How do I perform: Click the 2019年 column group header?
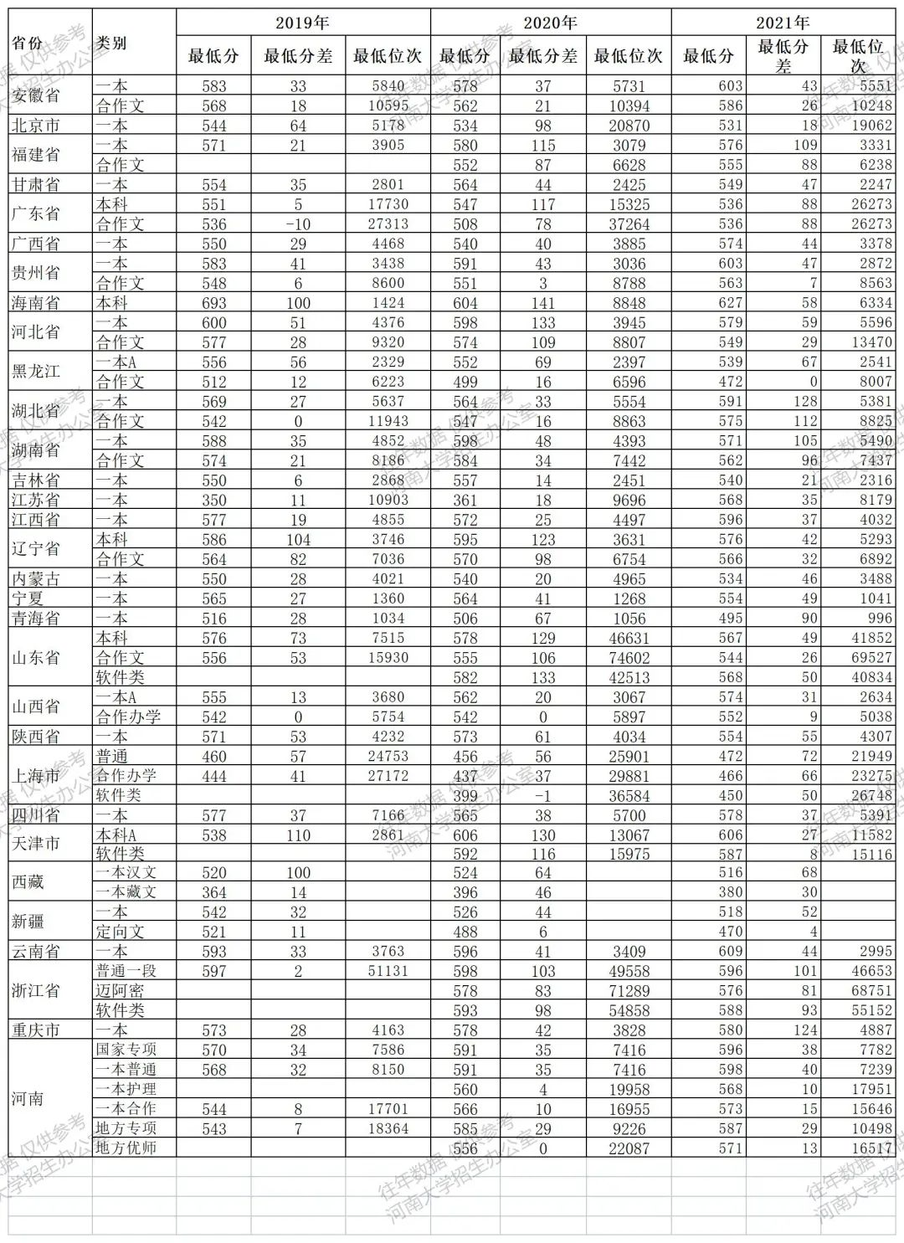click(x=302, y=23)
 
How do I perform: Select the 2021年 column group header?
click(x=783, y=23)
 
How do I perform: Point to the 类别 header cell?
click(x=111, y=43)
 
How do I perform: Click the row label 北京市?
click(x=35, y=126)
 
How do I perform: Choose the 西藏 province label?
click(x=28, y=881)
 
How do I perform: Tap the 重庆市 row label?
click(x=35, y=1030)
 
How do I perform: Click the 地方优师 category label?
click(x=126, y=1148)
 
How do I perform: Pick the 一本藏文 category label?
click(x=126, y=891)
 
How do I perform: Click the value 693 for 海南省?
click(x=214, y=303)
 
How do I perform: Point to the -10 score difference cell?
click(x=298, y=224)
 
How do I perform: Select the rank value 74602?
click(x=629, y=658)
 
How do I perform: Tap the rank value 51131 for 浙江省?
click(x=388, y=971)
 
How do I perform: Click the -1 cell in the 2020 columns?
click(x=543, y=795)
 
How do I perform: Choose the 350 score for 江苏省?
click(x=214, y=500)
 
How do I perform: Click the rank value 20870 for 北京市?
click(x=629, y=126)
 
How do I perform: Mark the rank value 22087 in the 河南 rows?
click(x=629, y=1148)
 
